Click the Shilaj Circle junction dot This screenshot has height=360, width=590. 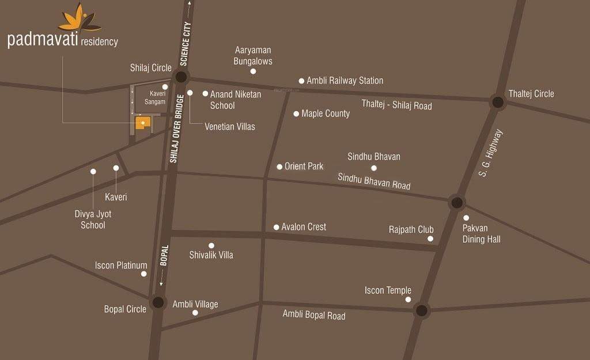(181, 77)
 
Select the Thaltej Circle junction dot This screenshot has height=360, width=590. (497, 103)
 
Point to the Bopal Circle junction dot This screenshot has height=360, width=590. (157, 302)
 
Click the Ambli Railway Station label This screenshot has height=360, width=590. (345, 81)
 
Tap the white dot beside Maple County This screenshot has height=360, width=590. (296, 114)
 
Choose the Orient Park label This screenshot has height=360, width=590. (304, 166)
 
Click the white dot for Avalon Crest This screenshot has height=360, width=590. (277, 227)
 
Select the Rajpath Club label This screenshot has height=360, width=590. (411, 230)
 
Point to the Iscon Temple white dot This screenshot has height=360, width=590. (409, 300)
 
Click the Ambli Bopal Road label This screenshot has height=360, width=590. (314, 315)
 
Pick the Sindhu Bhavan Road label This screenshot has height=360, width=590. (374, 181)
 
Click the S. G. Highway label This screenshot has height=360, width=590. (491, 153)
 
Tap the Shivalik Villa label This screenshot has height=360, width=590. (211, 255)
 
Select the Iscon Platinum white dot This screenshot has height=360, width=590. (144, 274)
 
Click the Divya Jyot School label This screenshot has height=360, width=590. (93, 219)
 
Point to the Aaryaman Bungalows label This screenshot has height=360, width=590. (253, 56)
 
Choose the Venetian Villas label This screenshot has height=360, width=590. (229, 127)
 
